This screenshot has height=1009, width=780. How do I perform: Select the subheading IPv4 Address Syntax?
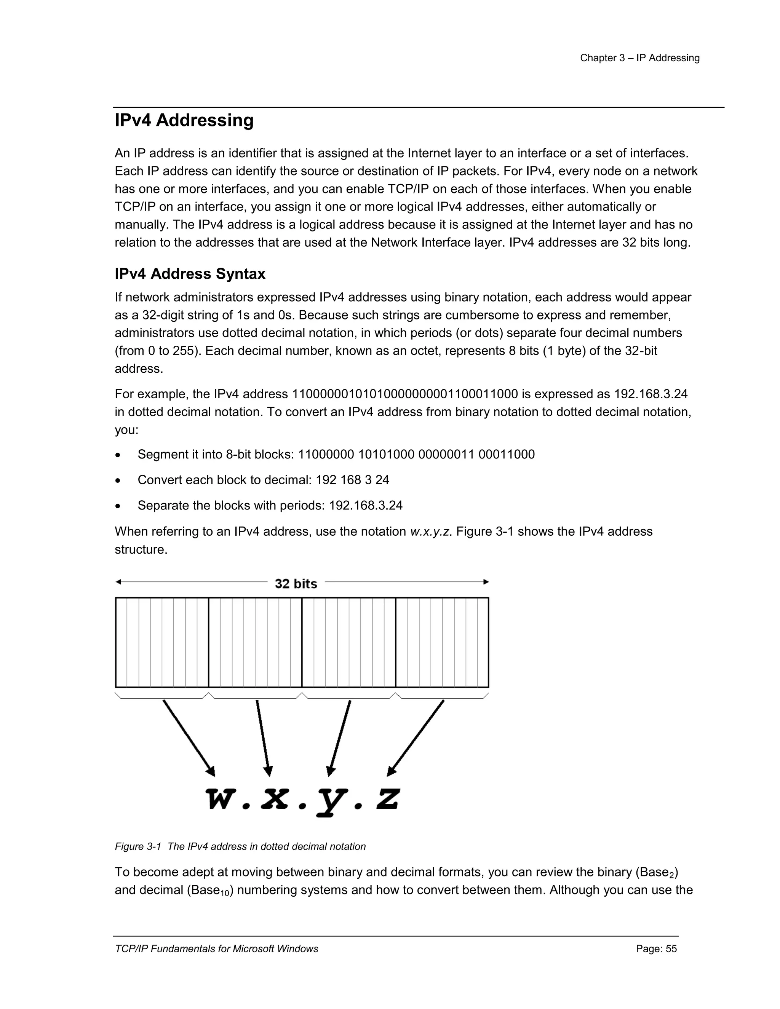(x=190, y=274)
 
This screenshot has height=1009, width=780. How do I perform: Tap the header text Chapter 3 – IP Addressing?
(x=639, y=58)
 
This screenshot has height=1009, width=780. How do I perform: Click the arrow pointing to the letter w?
(x=189, y=738)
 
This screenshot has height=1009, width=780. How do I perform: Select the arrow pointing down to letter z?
(x=416, y=738)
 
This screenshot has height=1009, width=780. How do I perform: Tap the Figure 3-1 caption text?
(x=240, y=846)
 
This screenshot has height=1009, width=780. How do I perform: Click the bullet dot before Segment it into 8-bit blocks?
(x=119, y=455)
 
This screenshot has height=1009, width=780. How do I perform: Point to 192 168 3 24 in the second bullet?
(x=352, y=480)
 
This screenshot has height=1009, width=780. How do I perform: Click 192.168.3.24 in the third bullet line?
(x=366, y=505)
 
